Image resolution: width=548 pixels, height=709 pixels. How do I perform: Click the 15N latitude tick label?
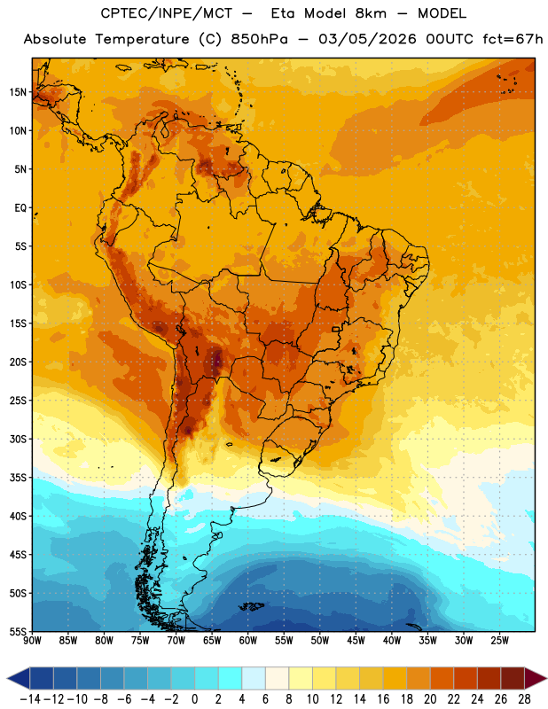(x=18, y=92)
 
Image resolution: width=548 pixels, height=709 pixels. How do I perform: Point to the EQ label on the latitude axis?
(x=20, y=208)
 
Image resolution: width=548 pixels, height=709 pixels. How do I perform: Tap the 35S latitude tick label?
(x=18, y=478)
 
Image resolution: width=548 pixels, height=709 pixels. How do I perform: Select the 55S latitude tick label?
(x=18, y=631)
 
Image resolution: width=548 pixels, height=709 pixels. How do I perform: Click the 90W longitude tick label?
(x=32, y=641)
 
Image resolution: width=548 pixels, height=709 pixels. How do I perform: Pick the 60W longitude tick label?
(x=248, y=641)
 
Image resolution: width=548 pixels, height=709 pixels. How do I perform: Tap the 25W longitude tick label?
(x=499, y=641)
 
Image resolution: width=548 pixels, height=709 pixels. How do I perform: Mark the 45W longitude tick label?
(x=356, y=641)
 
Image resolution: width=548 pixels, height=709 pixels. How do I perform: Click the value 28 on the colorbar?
(x=524, y=699)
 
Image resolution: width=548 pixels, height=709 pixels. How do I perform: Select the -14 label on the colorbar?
(x=30, y=699)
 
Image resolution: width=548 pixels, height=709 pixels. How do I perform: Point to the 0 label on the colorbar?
(x=195, y=699)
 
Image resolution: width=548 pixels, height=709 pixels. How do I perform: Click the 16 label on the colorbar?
(x=383, y=699)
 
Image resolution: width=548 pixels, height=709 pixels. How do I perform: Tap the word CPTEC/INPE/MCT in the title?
(x=167, y=14)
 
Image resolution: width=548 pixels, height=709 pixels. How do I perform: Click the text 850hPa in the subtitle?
(x=259, y=39)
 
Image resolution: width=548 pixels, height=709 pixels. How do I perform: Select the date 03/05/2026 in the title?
(x=367, y=39)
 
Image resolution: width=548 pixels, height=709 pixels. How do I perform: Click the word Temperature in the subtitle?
(x=142, y=40)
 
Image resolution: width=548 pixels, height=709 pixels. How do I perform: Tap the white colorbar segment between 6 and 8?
(x=278, y=678)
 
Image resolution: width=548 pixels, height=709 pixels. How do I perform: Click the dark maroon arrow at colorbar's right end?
(x=536, y=678)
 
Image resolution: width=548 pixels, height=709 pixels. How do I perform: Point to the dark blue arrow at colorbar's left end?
(x=19, y=678)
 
